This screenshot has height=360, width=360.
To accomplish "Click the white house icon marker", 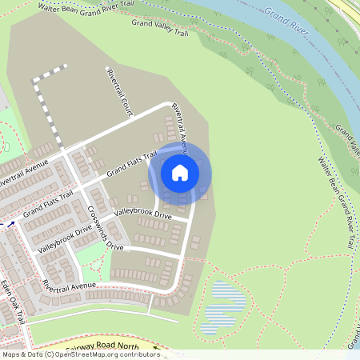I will point(180,172).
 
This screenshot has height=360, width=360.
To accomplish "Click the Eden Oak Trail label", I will point(14,301).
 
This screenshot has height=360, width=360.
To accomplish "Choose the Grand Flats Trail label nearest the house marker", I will point(132,164).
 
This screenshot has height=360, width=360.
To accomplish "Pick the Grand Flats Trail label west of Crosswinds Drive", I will point(48,204).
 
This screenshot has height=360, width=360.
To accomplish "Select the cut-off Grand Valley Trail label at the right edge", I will point(347,138).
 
